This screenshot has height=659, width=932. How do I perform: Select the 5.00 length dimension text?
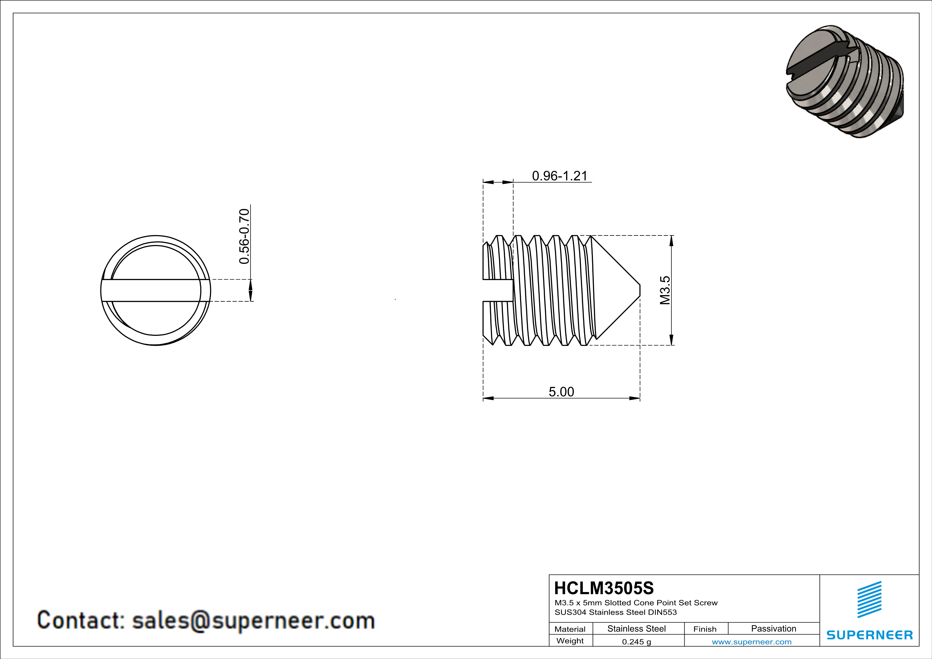(x=561, y=392)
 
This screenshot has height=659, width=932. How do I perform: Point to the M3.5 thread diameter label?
(x=665, y=290)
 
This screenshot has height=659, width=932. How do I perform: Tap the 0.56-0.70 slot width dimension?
(x=244, y=236)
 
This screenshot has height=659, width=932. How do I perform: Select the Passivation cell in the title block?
(x=773, y=628)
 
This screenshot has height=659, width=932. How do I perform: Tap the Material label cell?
(x=570, y=629)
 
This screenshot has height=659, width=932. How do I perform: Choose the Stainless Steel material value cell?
(x=636, y=628)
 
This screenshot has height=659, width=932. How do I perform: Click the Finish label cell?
(x=705, y=629)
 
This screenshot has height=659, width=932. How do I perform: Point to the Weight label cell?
(x=570, y=641)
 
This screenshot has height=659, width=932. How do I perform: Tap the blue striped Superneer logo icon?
(x=869, y=599)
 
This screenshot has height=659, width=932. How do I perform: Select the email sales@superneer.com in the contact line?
(x=253, y=620)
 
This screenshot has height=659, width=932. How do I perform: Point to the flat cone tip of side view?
(x=640, y=290)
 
